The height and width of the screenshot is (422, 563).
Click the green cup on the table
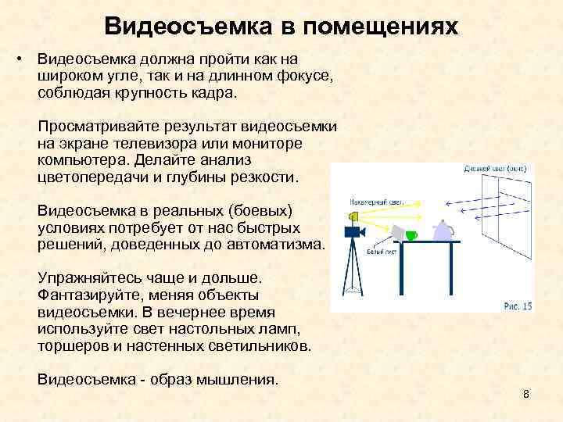[x=411, y=234]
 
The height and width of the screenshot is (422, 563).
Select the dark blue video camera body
[x=353, y=231]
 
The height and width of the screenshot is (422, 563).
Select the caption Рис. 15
[x=517, y=306]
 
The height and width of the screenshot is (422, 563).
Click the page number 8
[x=526, y=394]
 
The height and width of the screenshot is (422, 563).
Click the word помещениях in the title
[x=381, y=27]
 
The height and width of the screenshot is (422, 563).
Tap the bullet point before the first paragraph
[x=24, y=59]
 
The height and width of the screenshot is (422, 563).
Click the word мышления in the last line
[x=235, y=380]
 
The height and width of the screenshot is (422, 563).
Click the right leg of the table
[x=453, y=274]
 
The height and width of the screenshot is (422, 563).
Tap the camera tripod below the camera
[x=353, y=274]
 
